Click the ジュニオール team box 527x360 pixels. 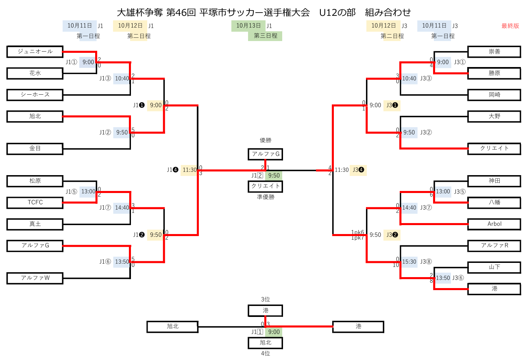pos(35,52)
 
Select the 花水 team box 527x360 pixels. pos(35,73)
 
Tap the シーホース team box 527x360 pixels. pos(35,95)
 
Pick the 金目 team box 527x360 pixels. pos(35,149)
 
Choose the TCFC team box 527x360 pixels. pos(35,202)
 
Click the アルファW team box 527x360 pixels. pos(35,278)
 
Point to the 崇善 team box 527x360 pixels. pos(494,52)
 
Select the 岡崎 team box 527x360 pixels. pos(494,95)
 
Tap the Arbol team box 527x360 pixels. pos(494,224)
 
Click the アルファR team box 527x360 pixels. pos(494,245)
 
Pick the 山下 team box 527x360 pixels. pos(494,267)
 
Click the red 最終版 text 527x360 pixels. pos(510,26)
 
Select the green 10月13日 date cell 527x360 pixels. pos(248,26)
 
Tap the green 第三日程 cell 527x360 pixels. pos(265,36)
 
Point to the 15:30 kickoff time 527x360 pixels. pos(409,262)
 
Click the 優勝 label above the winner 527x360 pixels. pos(265,140)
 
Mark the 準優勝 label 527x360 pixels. pos(265,197)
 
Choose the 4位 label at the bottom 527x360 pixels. pos(265,353)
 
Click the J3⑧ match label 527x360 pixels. pos(426,262)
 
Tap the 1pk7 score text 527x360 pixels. pos(358,238)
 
